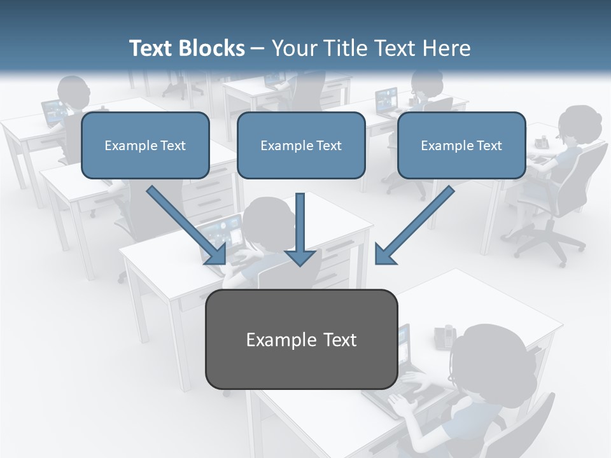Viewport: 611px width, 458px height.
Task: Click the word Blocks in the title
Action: [x=213, y=48]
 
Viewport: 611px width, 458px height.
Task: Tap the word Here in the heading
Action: [x=447, y=48]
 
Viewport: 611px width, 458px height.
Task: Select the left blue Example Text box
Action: [x=145, y=145]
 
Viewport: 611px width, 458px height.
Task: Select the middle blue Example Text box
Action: [x=301, y=145]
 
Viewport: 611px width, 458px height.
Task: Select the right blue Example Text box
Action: [x=461, y=145]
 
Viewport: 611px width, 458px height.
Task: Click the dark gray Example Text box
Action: [x=301, y=339]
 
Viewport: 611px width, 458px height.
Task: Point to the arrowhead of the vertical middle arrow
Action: [x=300, y=257]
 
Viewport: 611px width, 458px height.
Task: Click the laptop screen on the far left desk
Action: [x=55, y=111]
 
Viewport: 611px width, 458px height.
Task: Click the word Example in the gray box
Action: [x=272, y=339]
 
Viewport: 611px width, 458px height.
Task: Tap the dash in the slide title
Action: [x=258, y=48]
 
